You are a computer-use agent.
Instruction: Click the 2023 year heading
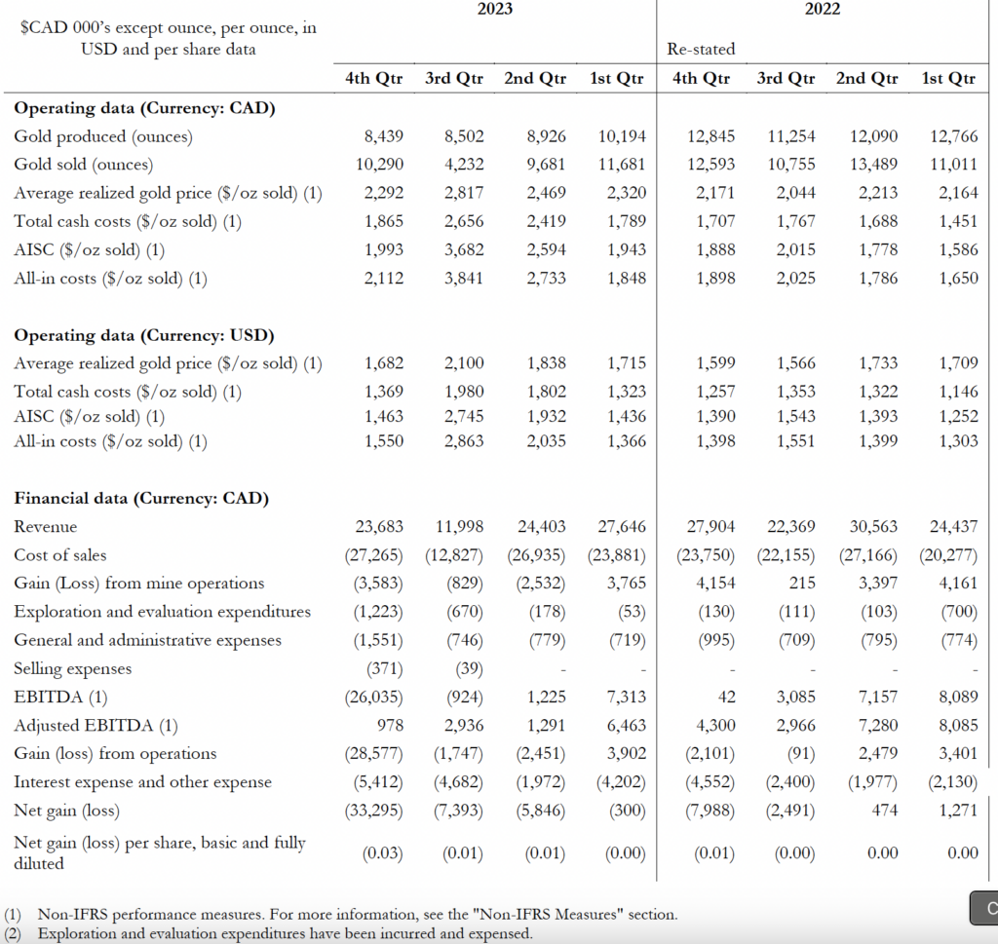coord(495,9)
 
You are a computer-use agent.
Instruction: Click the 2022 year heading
coord(823,9)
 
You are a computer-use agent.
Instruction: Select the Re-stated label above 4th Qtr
coord(701,49)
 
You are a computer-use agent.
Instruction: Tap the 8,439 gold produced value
coord(383,136)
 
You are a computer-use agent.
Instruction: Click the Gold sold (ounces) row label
coord(83,165)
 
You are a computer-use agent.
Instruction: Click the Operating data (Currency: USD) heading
coord(144,335)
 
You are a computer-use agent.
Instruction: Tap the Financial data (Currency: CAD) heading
coord(141,499)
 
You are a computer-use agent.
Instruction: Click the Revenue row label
coord(45,527)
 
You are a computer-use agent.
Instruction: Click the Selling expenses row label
coord(72,669)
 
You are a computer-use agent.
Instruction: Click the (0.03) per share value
coord(383,853)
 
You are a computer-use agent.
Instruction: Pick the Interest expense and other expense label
coord(142,782)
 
